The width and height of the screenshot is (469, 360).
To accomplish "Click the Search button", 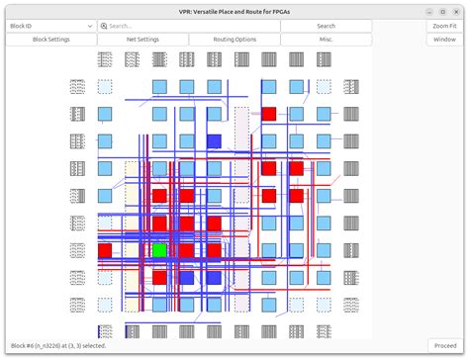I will (x=326, y=26).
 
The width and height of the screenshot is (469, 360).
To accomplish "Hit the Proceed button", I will (x=444, y=345).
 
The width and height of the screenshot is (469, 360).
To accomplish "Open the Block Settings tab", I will (x=51, y=40).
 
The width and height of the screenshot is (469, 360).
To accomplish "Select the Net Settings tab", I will (x=142, y=40).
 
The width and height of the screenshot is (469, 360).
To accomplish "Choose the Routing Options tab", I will (x=234, y=40).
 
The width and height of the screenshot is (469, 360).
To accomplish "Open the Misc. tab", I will (x=326, y=40).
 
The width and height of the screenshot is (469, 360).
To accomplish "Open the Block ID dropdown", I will (x=51, y=26).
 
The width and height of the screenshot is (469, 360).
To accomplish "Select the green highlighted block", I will (x=159, y=250).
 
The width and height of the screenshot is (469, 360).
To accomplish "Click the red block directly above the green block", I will (x=159, y=224).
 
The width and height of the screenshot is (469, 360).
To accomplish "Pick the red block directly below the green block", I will (x=159, y=278).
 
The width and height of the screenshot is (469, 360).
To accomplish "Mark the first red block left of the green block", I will (x=105, y=250).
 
